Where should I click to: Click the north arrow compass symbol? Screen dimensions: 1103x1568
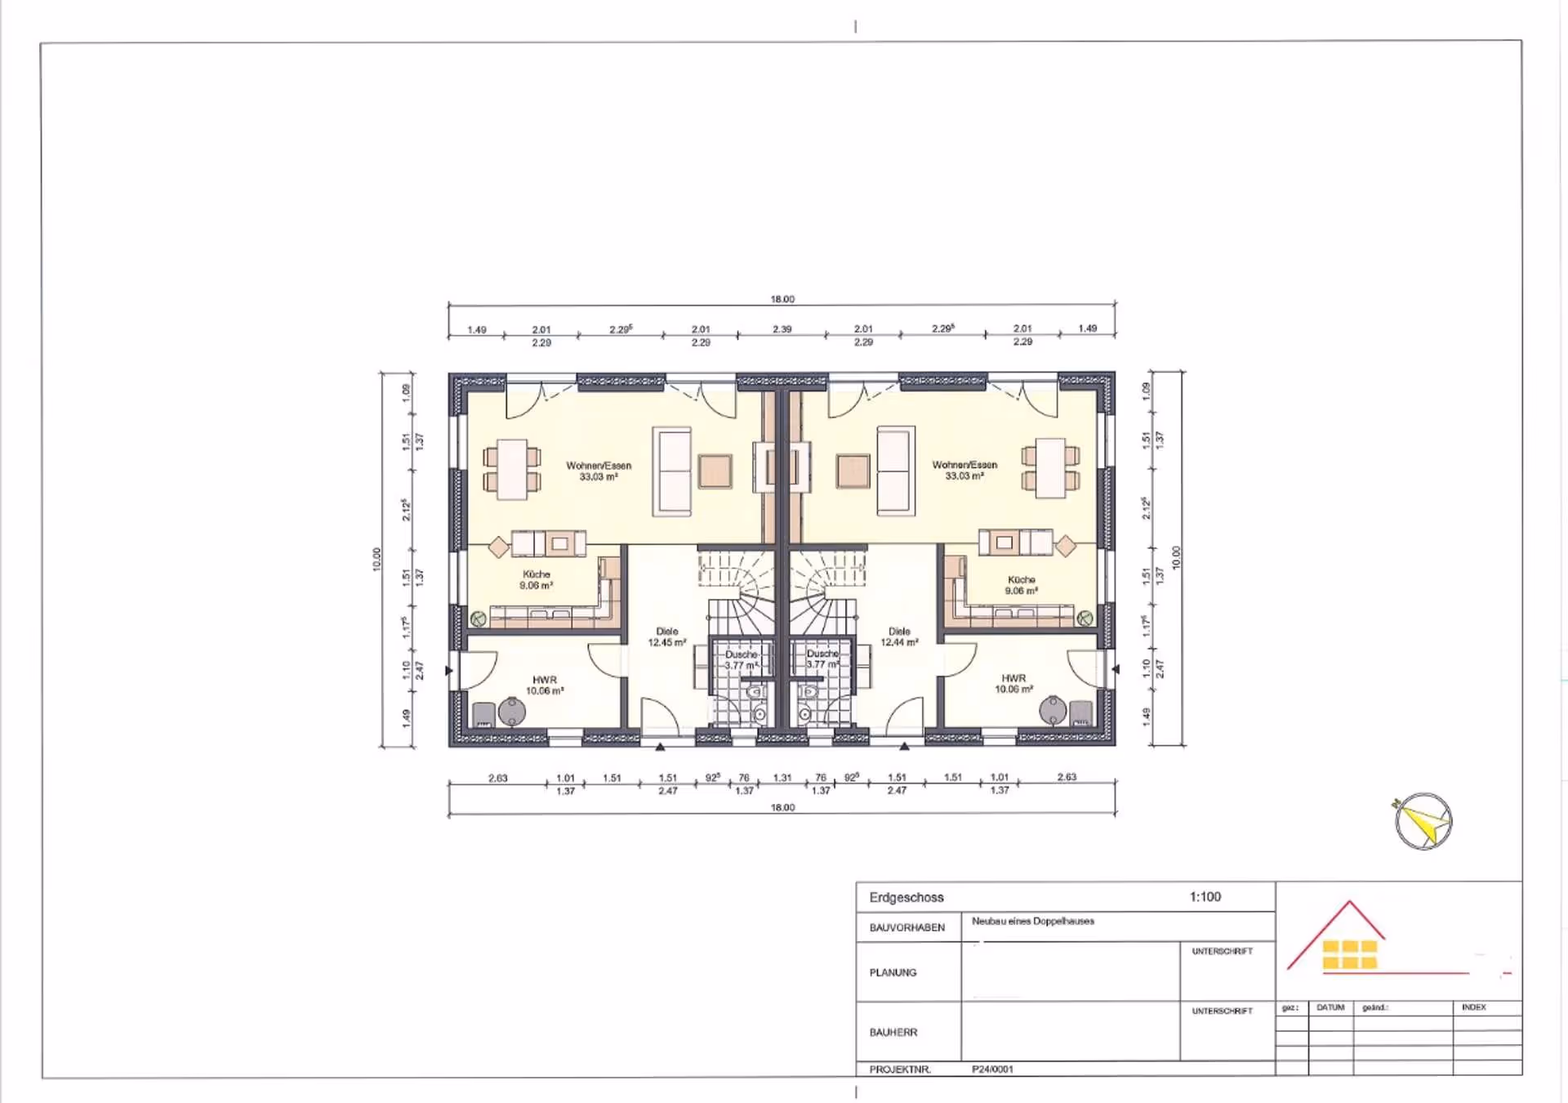tap(1423, 821)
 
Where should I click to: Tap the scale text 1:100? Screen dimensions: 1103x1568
tap(1205, 896)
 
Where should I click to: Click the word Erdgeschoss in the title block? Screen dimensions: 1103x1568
tap(906, 897)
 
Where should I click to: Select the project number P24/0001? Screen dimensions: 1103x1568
tap(992, 1069)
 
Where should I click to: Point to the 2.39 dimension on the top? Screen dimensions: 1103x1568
tap(782, 329)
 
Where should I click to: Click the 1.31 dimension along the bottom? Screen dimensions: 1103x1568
tap(782, 778)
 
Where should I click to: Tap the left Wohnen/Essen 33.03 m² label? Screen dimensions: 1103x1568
tap(598, 471)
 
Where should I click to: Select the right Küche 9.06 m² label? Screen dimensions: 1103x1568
tap(1021, 585)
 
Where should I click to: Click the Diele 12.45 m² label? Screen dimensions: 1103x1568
tap(666, 637)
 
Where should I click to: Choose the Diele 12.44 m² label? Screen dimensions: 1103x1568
tap(898, 637)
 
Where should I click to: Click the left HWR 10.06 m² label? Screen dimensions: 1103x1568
tap(544, 685)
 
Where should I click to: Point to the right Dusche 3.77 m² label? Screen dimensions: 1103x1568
tap(822, 659)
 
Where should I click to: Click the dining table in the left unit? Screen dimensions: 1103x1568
tap(512, 469)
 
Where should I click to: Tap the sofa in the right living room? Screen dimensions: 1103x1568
tap(895, 471)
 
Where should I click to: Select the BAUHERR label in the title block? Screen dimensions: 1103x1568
tap(893, 1032)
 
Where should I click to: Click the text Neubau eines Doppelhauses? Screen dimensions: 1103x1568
tap(1032, 921)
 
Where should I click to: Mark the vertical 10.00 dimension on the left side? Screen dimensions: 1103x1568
tap(376, 559)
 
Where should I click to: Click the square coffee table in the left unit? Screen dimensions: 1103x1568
tap(715, 471)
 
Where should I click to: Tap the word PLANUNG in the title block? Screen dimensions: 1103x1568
tap(893, 972)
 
